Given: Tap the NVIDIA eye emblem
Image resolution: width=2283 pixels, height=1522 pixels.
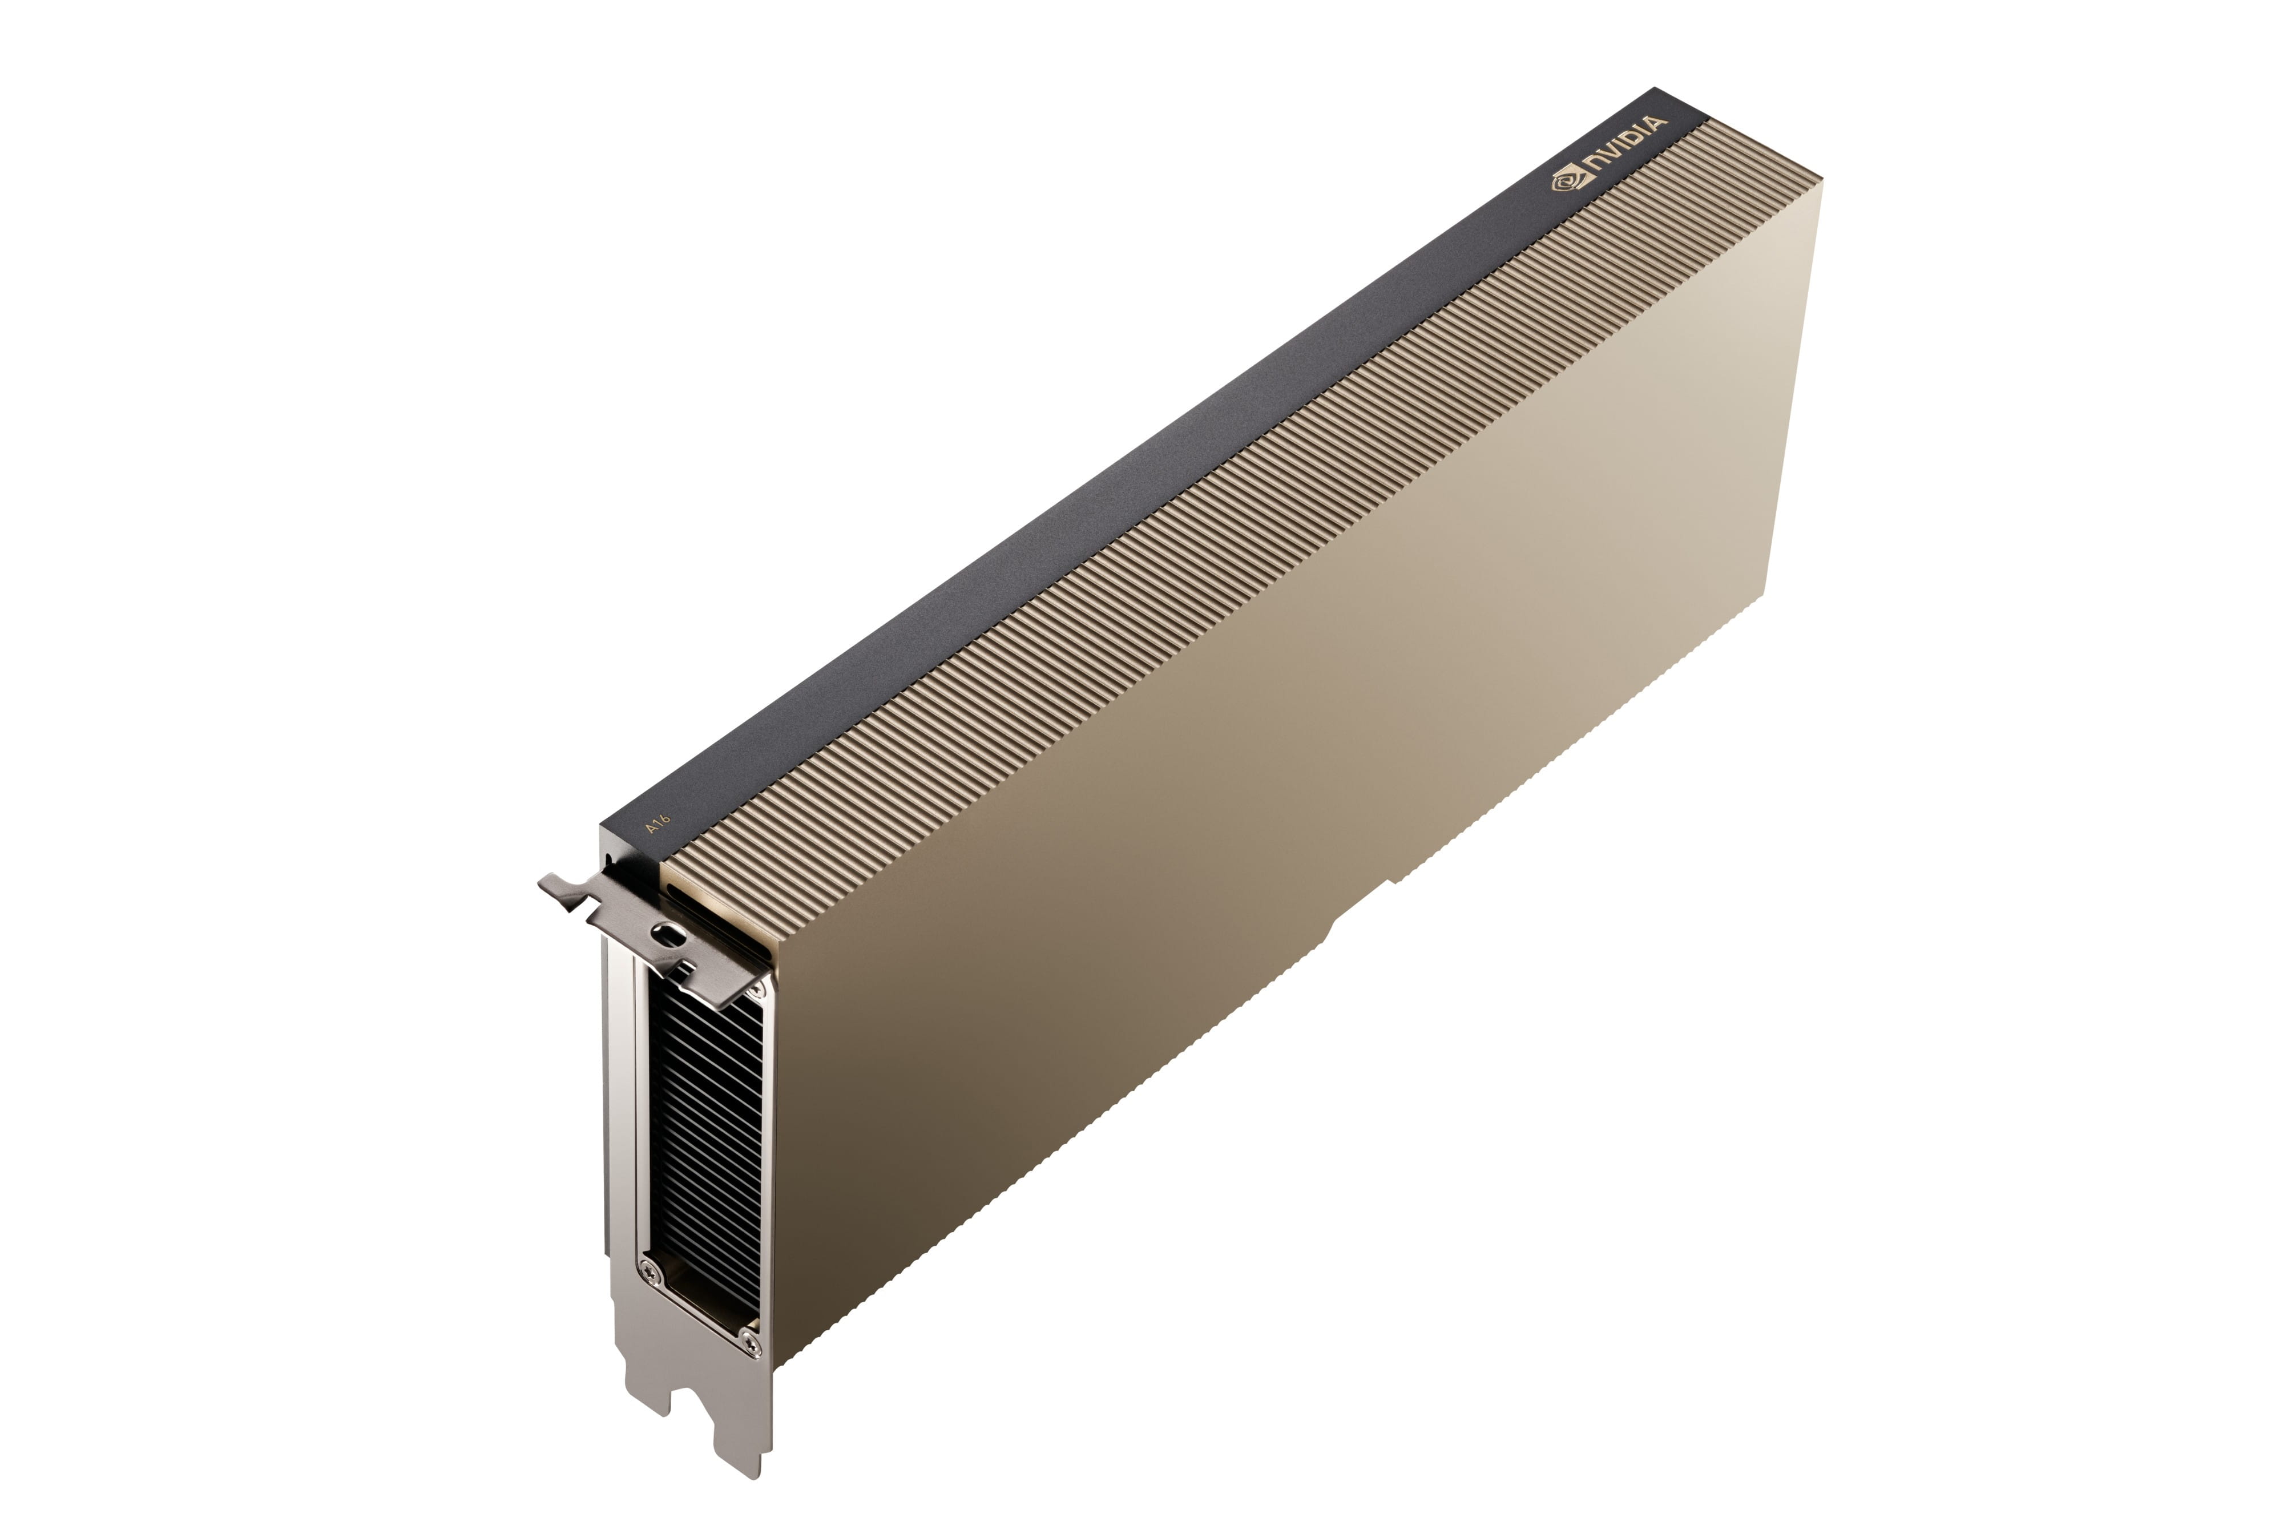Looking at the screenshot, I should click(1564, 179).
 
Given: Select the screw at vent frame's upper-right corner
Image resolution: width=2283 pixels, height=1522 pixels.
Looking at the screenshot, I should click(757, 988).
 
